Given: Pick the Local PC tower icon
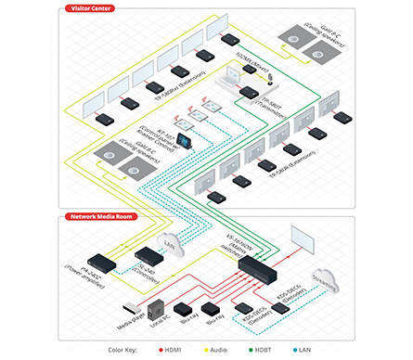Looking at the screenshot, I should (x=156, y=310).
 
